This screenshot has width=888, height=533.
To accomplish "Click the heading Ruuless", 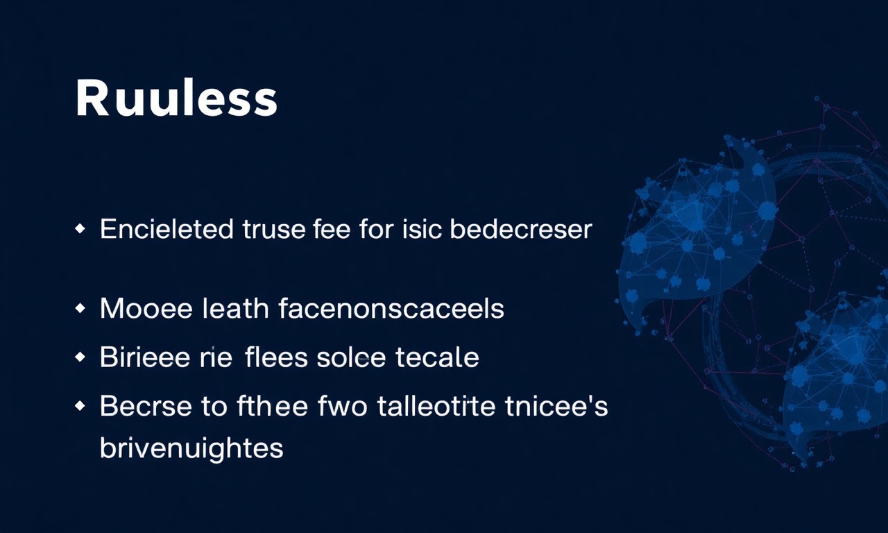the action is pos(176,97).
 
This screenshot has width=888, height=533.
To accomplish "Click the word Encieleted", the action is pos(166,229).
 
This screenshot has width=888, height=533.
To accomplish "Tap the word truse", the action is pos(274,229).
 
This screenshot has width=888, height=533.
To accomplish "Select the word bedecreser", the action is pos(521,229).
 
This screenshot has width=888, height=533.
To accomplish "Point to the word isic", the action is pos(422,229).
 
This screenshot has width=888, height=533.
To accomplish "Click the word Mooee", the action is pos(146,309).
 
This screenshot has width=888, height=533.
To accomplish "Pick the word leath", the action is pos(235,308).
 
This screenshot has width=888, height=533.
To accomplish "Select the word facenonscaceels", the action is pos(391,308).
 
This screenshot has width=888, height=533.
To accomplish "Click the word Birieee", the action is pos(145,357).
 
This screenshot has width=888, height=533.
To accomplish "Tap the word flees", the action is pos(276,357).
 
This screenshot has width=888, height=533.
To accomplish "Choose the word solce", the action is pos(351,357).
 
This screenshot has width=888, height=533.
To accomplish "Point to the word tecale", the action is pos(437,357).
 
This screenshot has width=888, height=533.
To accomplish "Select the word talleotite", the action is pos(436,405).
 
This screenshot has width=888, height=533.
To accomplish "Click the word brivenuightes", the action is pos(191,448).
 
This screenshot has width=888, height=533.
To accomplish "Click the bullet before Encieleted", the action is pos(80,229).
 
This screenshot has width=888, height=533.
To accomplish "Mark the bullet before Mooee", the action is pos(80,308).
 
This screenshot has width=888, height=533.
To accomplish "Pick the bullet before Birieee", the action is pos(80,357).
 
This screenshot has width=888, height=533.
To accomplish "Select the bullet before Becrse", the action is pos(80,405).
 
